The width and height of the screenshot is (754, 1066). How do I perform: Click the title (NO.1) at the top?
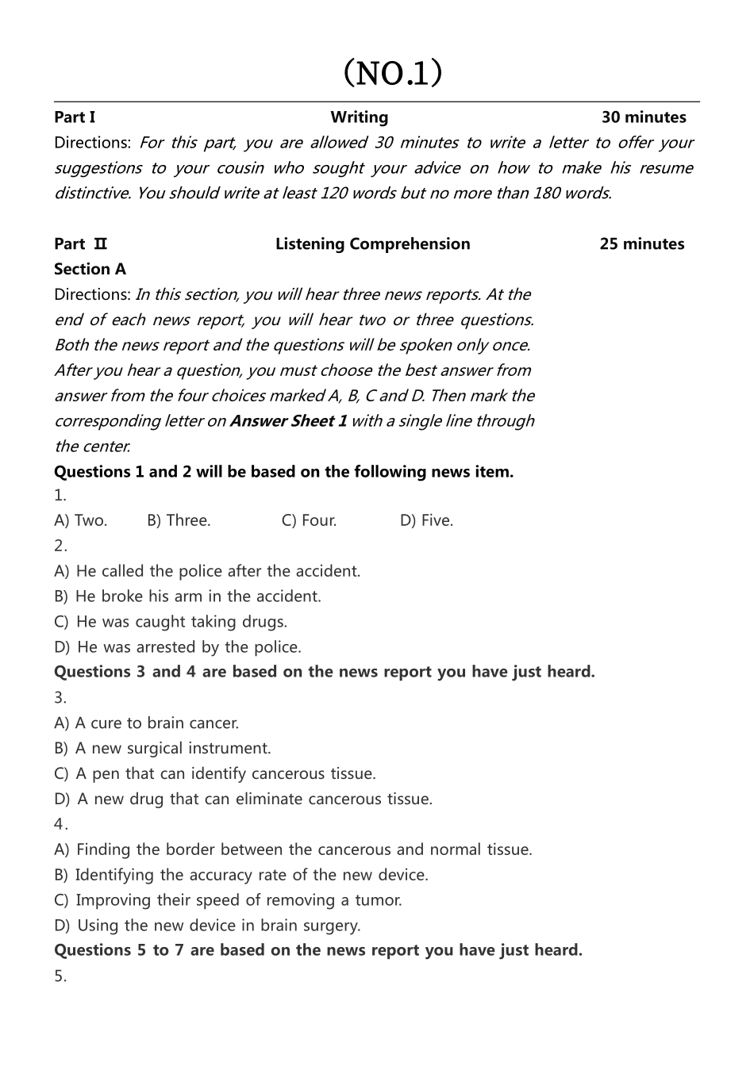pos(392,73)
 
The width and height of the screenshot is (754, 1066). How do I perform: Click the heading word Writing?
pos(360,117)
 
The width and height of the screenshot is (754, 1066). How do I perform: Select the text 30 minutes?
pos(644,117)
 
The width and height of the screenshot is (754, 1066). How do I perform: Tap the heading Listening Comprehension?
pos(372,244)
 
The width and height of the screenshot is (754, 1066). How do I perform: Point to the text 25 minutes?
pos(641,244)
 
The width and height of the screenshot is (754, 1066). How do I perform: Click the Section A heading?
pos(90,270)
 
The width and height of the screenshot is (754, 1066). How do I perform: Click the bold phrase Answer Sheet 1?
pos(288,421)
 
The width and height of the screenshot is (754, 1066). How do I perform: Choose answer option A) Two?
pos(80,521)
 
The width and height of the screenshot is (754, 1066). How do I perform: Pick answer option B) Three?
pos(179,521)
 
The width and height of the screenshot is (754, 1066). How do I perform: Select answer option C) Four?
pos(309,521)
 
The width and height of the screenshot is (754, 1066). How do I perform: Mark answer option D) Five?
pos(426,521)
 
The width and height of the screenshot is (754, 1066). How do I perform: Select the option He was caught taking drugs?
pos(171,622)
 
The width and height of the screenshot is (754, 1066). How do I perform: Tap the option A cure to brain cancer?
pos(146,723)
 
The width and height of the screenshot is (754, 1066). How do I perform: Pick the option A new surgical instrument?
pos(163,749)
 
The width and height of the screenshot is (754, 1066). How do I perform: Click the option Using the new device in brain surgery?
pos(207,926)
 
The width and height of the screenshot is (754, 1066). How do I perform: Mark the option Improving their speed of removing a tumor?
pos(228,900)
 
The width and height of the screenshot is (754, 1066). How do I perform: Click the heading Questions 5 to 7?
pos(317,950)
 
